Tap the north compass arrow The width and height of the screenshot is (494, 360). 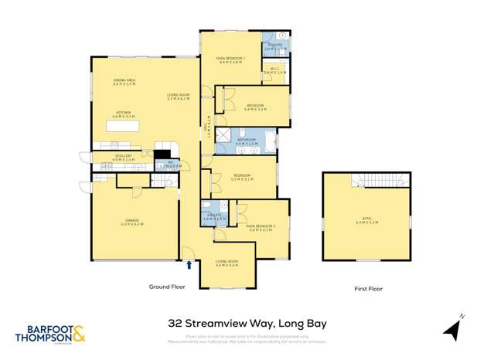click(453, 328)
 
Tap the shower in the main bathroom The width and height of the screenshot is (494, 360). click(224, 138)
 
